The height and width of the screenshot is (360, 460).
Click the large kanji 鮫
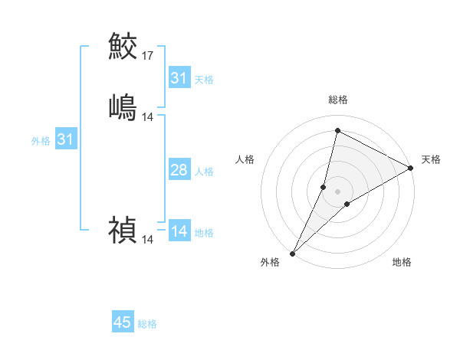[x=123, y=47]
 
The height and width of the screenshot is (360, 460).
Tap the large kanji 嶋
[x=123, y=106]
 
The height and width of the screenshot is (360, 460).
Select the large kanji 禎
[x=123, y=229]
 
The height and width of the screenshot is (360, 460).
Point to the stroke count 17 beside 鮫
[x=148, y=56]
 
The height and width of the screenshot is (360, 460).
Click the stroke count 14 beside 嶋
[x=148, y=116]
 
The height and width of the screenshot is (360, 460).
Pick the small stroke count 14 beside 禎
[x=148, y=239]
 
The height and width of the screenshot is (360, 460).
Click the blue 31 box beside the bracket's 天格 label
[x=179, y=78]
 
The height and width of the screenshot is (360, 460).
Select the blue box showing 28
[x=179, y=170]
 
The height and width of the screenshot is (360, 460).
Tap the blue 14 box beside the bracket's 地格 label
[x=179, y=232]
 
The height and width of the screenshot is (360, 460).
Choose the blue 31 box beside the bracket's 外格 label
[x=66, y=139]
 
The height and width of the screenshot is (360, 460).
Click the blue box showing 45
[x=123, y=322]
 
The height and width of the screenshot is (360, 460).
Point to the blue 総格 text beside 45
[x=147, y=324]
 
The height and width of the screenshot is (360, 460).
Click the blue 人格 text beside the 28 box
[x=205, y=172]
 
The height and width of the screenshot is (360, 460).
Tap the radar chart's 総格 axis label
[x=338, y=100]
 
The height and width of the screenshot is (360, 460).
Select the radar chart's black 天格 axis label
[x=431, y=159]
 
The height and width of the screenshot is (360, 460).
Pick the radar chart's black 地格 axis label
[x=402, y=263]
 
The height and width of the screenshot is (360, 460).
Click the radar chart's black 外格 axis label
[x=270, y=263]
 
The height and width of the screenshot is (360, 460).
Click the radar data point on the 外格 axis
[x=292, y=254]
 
